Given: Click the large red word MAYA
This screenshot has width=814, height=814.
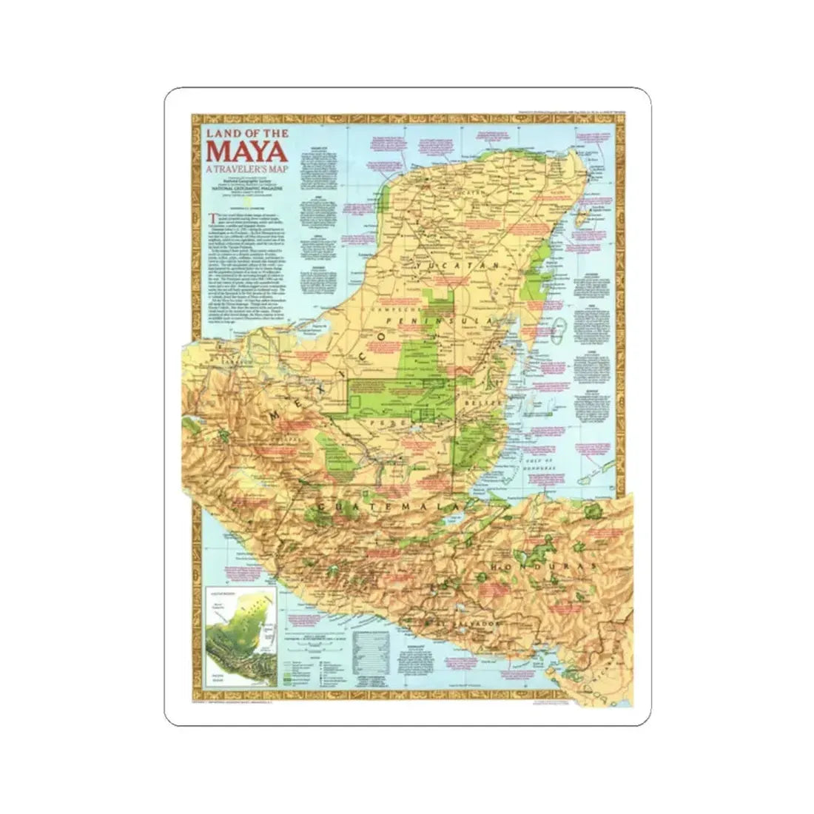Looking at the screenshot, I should pyautogui.click(x=239, y=150).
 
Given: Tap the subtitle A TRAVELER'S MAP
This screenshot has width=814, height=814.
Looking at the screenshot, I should pyautogui.click(x=238, y=169).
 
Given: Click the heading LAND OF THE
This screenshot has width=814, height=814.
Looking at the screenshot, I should pyautogui.click(x=239, y=133).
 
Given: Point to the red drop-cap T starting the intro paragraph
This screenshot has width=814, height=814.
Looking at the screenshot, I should pyautogui.click(x=212, y=217).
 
